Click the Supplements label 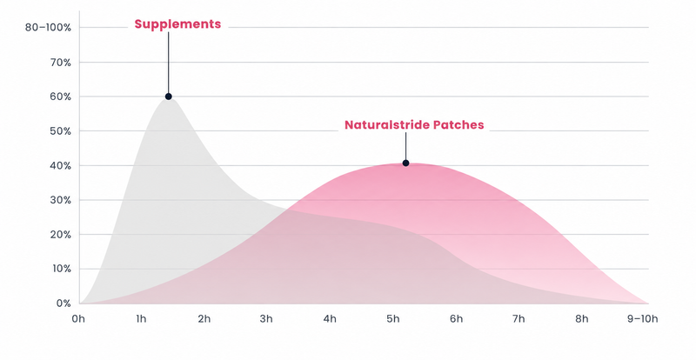[177, 24]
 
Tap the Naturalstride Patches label [414, 124]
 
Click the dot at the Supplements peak [168, 97]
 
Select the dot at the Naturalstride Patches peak [405, 163]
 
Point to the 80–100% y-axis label [48, 28]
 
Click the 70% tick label [60, 62]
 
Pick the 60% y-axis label [60, 97]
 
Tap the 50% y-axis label [60, 131]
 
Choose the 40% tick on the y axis [60, 165]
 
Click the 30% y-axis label [60, 200]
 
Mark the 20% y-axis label [60, 235]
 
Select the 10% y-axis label [61, 269]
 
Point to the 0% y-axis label [63, 303]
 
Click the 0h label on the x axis [78, 319]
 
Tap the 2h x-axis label [204, 319]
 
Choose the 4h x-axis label [330, 319]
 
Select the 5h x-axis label [393, 319]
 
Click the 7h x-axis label [519, 319]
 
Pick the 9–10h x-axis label [643, 319]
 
